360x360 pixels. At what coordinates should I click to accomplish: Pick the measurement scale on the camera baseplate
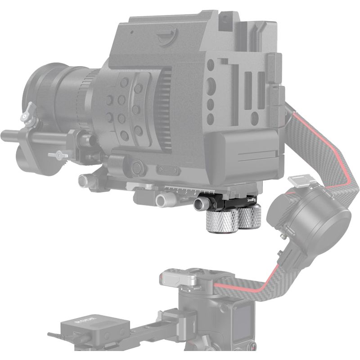point(180,189)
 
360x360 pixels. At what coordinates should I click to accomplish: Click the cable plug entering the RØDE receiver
point(53,335)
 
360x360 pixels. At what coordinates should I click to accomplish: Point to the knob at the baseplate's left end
point(84,181)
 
